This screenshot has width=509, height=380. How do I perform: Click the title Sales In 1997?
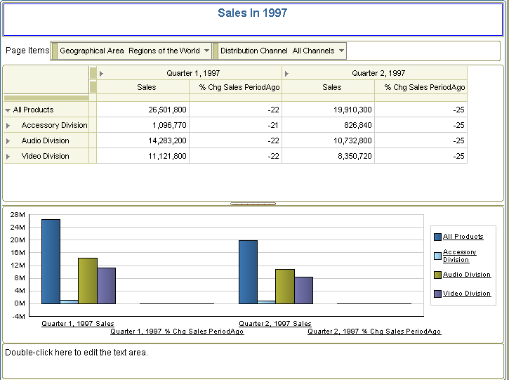[x=252, y=13]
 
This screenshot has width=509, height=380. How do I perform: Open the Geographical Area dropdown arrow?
[x=206, y=51]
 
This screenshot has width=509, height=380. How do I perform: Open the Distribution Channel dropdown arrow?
[x=341, y=51]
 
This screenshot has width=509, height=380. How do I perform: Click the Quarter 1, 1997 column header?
[x=192, y=73]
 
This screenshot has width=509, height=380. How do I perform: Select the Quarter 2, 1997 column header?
[x=378, y=73]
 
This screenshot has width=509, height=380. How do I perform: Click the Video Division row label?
[x=45, y=156]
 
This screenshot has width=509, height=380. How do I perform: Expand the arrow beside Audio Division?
[x=8, y=140]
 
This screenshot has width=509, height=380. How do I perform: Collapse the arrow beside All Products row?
[x=8, y=110]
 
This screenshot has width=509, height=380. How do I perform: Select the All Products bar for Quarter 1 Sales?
[x=51, y=261]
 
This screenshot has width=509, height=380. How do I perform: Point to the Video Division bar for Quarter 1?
[x=106, y=285]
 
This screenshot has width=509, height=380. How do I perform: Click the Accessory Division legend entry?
[x=459, y=256]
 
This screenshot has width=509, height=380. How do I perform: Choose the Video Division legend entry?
[x=466, y=294]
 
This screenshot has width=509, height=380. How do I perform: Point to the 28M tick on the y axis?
[x=18, y=214]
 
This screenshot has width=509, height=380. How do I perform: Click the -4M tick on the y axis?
[x=18, y=316]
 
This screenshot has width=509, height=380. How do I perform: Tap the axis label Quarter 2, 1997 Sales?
[x=275, y=324]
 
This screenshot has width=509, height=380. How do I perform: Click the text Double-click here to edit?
[x=77, y=352]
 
